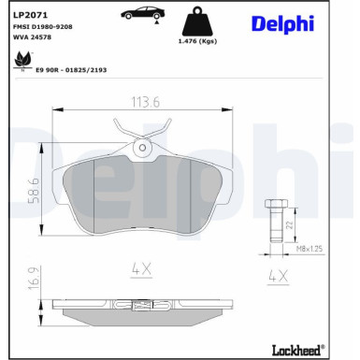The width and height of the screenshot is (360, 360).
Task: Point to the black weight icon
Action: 197,21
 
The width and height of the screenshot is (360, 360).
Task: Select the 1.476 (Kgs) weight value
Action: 198,41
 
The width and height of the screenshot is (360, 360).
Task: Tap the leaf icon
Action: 20,61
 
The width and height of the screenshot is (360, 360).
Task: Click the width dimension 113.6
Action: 141,104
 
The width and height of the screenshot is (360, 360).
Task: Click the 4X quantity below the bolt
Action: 277,277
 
